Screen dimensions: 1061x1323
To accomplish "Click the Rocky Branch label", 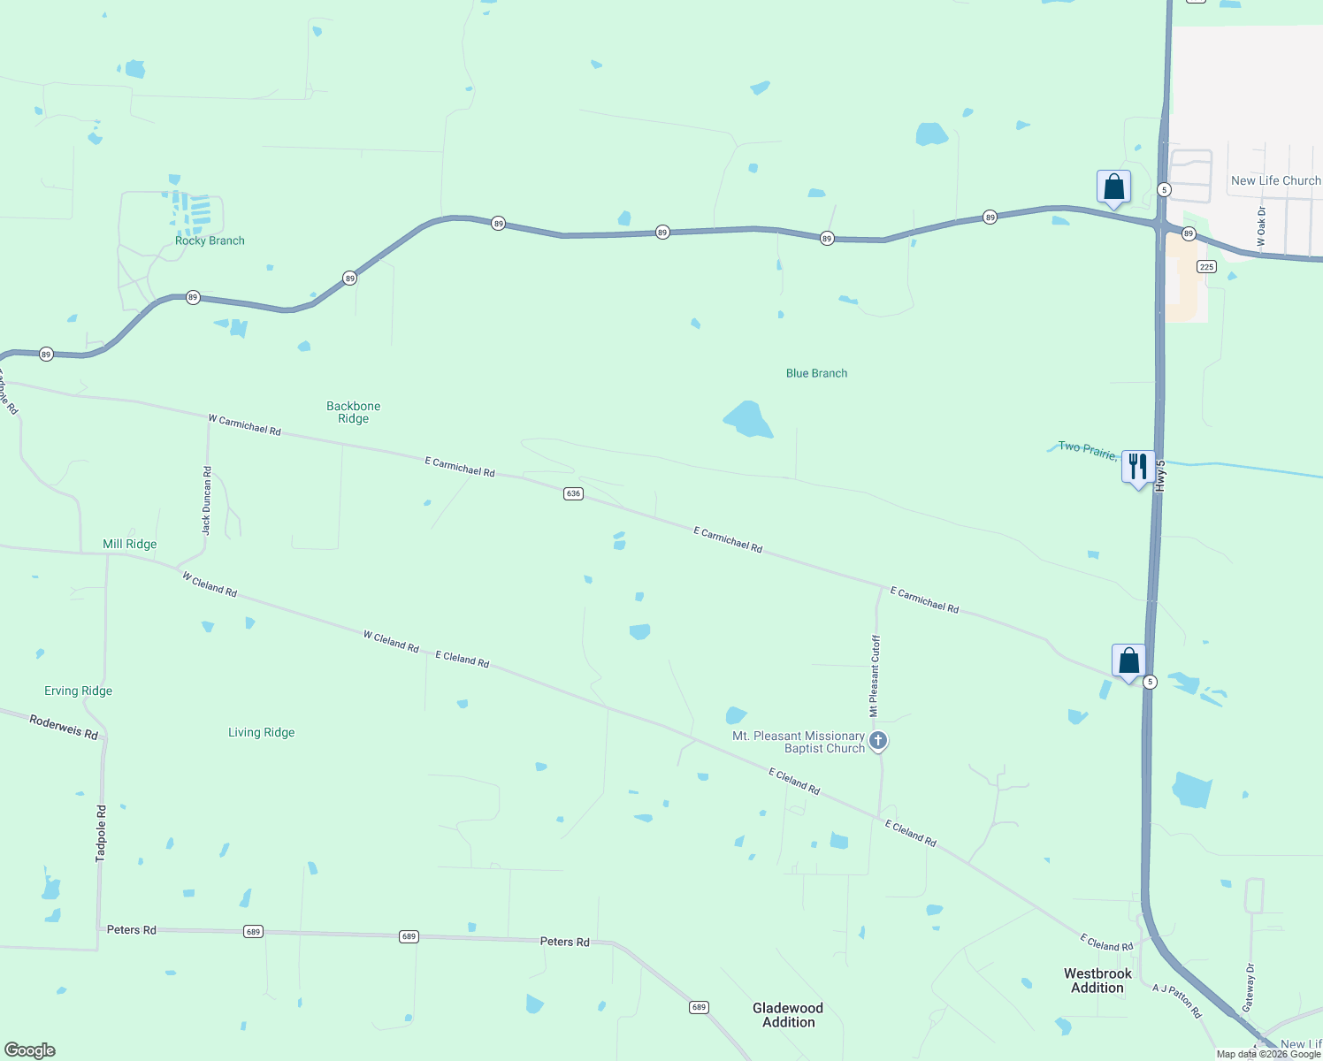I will pos(210,240).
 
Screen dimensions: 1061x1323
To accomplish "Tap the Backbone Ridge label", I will pos(353,413).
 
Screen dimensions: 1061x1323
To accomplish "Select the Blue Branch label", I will pos(816,373).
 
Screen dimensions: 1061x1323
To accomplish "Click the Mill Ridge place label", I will pos(130,544).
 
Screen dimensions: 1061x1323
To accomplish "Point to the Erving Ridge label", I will pos(79,691).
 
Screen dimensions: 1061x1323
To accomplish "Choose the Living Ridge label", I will pos(262,732).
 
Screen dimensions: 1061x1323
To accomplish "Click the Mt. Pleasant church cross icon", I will pos(878,741).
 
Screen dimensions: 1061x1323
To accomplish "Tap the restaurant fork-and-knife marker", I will pos(1137,467).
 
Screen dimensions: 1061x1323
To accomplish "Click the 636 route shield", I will pos(573,493).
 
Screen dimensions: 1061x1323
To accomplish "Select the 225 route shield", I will pos(1206,266).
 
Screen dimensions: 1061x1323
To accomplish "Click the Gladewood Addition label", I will pos(788,1015).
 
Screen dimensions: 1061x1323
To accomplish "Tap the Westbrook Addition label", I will pos(1097,981).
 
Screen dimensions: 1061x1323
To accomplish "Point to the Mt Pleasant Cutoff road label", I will pos(875,676).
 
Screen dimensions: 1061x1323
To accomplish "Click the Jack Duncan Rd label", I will pos(207,500).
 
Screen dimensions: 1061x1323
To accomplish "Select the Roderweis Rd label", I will pos(64,727).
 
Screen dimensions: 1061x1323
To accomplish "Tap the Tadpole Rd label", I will pos(101,833).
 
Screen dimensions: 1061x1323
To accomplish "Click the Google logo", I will pos(30,1050).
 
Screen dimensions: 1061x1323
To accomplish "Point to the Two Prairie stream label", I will pos(1088,449).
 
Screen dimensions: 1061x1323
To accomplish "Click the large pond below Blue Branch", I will pos(748,420).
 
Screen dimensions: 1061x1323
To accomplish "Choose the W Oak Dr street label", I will pos(1261,227).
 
